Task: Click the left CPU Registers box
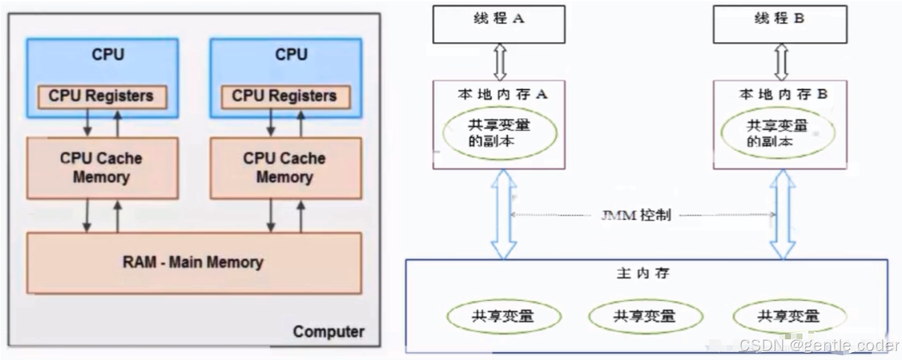tap(101, 96)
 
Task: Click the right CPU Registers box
tap(285, 96)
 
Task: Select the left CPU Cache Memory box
tap(101, 167)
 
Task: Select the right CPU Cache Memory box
tap(285, 167)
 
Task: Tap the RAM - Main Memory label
tap(193, 262)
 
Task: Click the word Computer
tap(328, 332)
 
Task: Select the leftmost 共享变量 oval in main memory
tap(504, 316)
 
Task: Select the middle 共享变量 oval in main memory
tap(644, 316)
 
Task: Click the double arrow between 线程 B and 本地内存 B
tap(782, 62)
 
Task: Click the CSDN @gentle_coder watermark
tap(819, 345)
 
